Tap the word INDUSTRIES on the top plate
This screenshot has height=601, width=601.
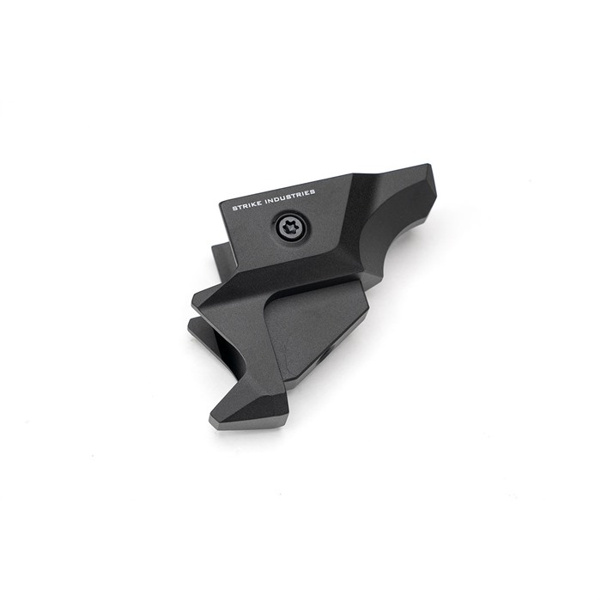[291, 196]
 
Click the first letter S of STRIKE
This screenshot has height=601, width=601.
[234, 208]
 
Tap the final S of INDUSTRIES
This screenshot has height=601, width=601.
[313, 191]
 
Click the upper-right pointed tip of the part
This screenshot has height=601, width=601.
[429, 166]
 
